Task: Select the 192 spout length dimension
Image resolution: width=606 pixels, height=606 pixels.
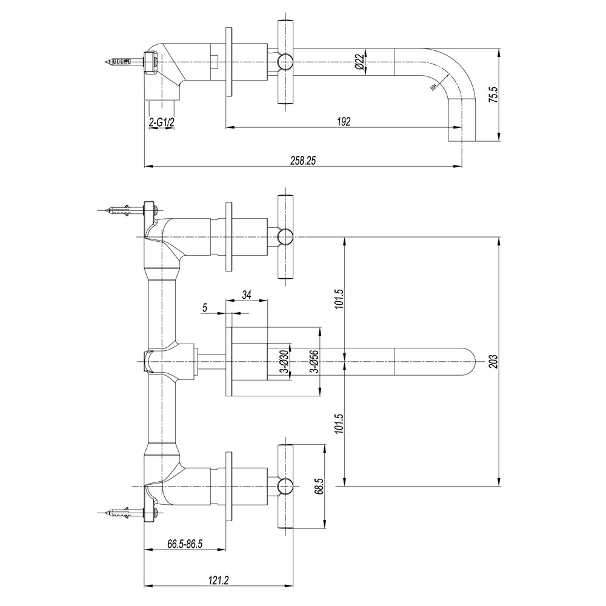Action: pyautogui.click(x=344, y=121)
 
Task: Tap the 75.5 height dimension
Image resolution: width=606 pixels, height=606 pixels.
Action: pyautogui.click(x=493, y=95)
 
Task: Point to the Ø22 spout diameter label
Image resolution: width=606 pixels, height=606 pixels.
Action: pyautogui.click(x=359, y=62)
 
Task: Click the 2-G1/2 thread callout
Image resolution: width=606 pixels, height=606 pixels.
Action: pyautogui.click(x=162, y=122)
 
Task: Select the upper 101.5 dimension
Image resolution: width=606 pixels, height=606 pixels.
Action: pyautogui.click(x=339, y=299)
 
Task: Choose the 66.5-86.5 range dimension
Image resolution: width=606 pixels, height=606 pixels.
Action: pyautogui.click(x=184, y=545)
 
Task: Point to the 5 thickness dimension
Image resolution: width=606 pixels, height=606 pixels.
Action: pyautogui.click(x=205, y=308)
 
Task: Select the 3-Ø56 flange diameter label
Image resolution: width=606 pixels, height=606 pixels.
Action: pyautogui.click(x=313, y=362)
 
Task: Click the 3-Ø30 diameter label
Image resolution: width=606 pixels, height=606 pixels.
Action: pyautogui.click(x=284, y=362)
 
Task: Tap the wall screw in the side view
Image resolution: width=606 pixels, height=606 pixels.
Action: pyautogui.click(x=124, y=62)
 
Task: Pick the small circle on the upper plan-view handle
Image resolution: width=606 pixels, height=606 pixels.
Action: pyautogui.click(x=285, y=236)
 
